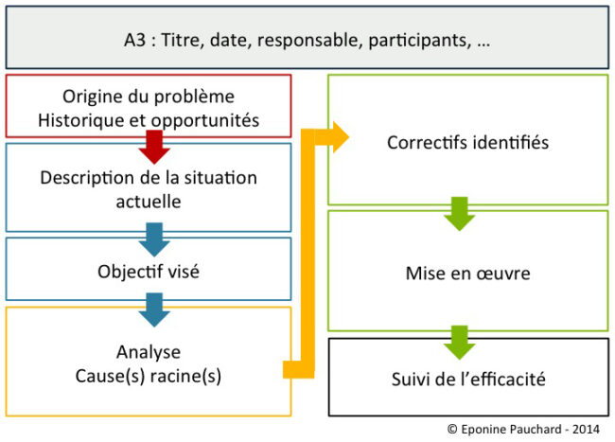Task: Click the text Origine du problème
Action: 149,96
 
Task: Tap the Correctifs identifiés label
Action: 467,143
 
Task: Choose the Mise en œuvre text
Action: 467,274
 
